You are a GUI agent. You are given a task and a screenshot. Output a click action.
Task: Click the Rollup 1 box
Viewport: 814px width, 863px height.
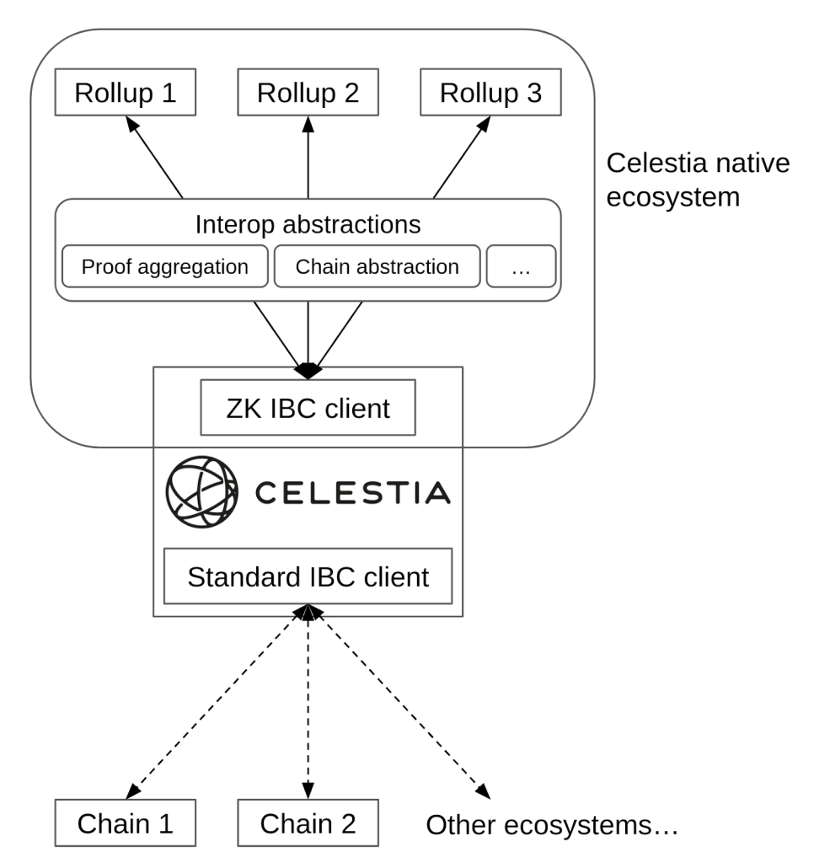pos(126,92)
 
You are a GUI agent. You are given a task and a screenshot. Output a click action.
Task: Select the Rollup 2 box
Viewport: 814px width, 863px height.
pos(308,92)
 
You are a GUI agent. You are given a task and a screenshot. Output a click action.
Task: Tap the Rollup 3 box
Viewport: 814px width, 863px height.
pos(490,92)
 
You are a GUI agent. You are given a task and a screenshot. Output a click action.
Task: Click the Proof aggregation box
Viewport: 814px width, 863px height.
pos(165,267)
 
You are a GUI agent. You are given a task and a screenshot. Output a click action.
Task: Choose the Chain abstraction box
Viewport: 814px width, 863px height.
pos(378,267)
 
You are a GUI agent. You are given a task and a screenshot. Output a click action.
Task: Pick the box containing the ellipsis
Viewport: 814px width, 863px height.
pos(521,267)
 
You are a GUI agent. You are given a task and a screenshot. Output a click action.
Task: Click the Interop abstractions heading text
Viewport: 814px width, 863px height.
pos(308,224)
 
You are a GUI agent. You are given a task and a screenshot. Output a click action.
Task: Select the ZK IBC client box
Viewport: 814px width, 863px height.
pos(308,408)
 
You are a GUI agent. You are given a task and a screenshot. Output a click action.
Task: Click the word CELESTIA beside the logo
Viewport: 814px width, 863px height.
pos(352,493)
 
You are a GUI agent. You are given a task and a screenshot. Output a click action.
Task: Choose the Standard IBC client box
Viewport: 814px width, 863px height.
pos(308,576)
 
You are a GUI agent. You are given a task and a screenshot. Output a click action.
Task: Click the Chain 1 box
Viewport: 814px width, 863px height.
pos(126,823)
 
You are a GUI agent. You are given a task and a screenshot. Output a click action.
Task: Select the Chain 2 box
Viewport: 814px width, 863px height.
pos(308,823)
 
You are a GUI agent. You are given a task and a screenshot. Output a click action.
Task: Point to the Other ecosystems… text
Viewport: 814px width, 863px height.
pos(552,824)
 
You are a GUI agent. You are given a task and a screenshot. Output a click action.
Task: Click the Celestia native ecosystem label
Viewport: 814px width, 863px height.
pos(699,180)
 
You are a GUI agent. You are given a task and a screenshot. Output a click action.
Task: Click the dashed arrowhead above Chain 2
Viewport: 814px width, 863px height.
pos(308,793)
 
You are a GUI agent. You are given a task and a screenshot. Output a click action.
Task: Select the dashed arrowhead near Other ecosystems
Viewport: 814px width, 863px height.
pos(484,791)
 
